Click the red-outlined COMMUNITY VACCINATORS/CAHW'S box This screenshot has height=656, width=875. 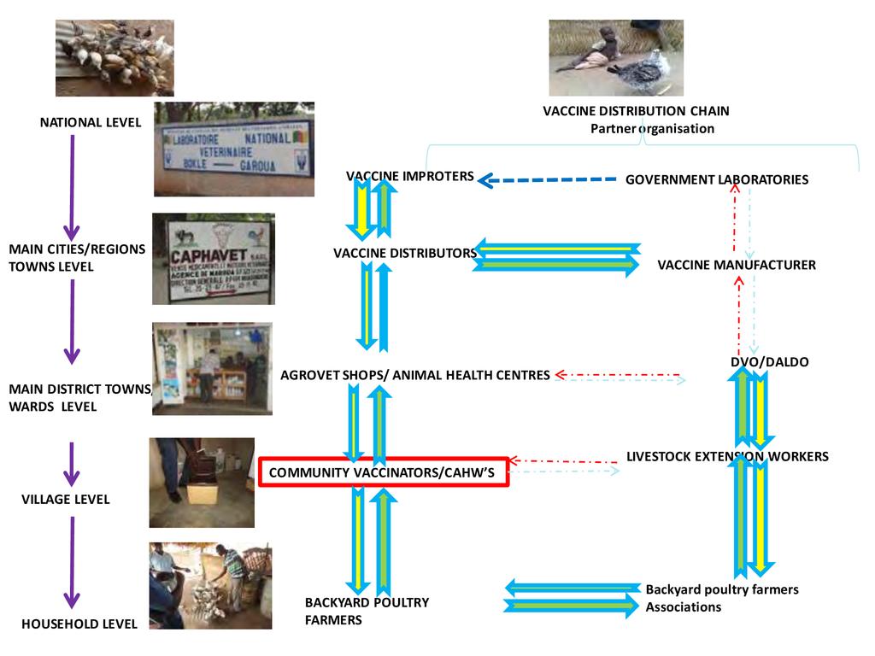point(384,472)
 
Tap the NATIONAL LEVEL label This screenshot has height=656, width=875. point(91,122)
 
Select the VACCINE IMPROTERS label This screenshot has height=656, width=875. point(410,176)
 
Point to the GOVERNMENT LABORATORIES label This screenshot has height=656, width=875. point(717,179)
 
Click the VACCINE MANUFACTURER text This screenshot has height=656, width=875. point(737,265)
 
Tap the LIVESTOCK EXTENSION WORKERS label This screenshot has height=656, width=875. point(727,456)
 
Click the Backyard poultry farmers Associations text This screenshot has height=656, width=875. point(722,598)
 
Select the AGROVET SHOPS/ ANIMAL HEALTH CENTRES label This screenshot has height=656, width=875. point(415,375)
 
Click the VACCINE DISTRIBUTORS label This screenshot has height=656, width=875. point(405,253)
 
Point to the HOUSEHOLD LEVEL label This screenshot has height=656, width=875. point(79,624)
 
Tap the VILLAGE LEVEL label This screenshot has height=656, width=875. point(66,499)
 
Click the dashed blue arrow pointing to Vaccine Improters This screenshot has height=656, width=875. point(547,179)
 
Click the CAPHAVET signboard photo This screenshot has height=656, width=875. point(214,259)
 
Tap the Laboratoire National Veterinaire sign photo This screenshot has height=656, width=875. point(234,149)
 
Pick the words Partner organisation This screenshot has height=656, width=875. point(652,128)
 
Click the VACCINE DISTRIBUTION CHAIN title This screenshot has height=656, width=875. point(636,111)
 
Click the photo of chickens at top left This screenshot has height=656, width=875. point(115,57)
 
